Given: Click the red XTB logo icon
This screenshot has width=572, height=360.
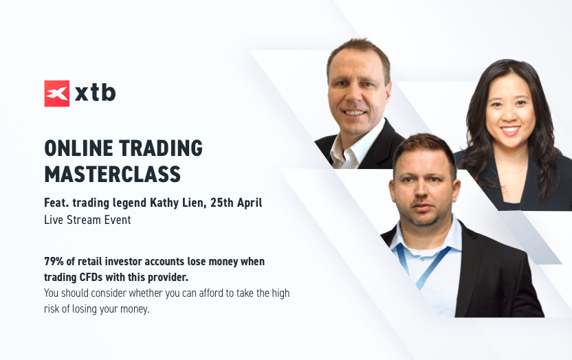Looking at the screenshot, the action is point(57,93).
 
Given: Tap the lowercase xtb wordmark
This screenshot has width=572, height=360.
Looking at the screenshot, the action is point(95,93).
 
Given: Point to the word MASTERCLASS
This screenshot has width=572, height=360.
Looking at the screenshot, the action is point(112,175).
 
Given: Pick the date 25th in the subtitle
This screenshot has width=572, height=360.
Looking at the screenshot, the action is point(222,202).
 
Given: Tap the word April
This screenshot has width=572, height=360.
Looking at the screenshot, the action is point(250,203).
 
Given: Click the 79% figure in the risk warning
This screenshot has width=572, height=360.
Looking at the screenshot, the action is point(54,261).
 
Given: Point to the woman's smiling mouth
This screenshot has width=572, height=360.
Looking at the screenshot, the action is point(510,130).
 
